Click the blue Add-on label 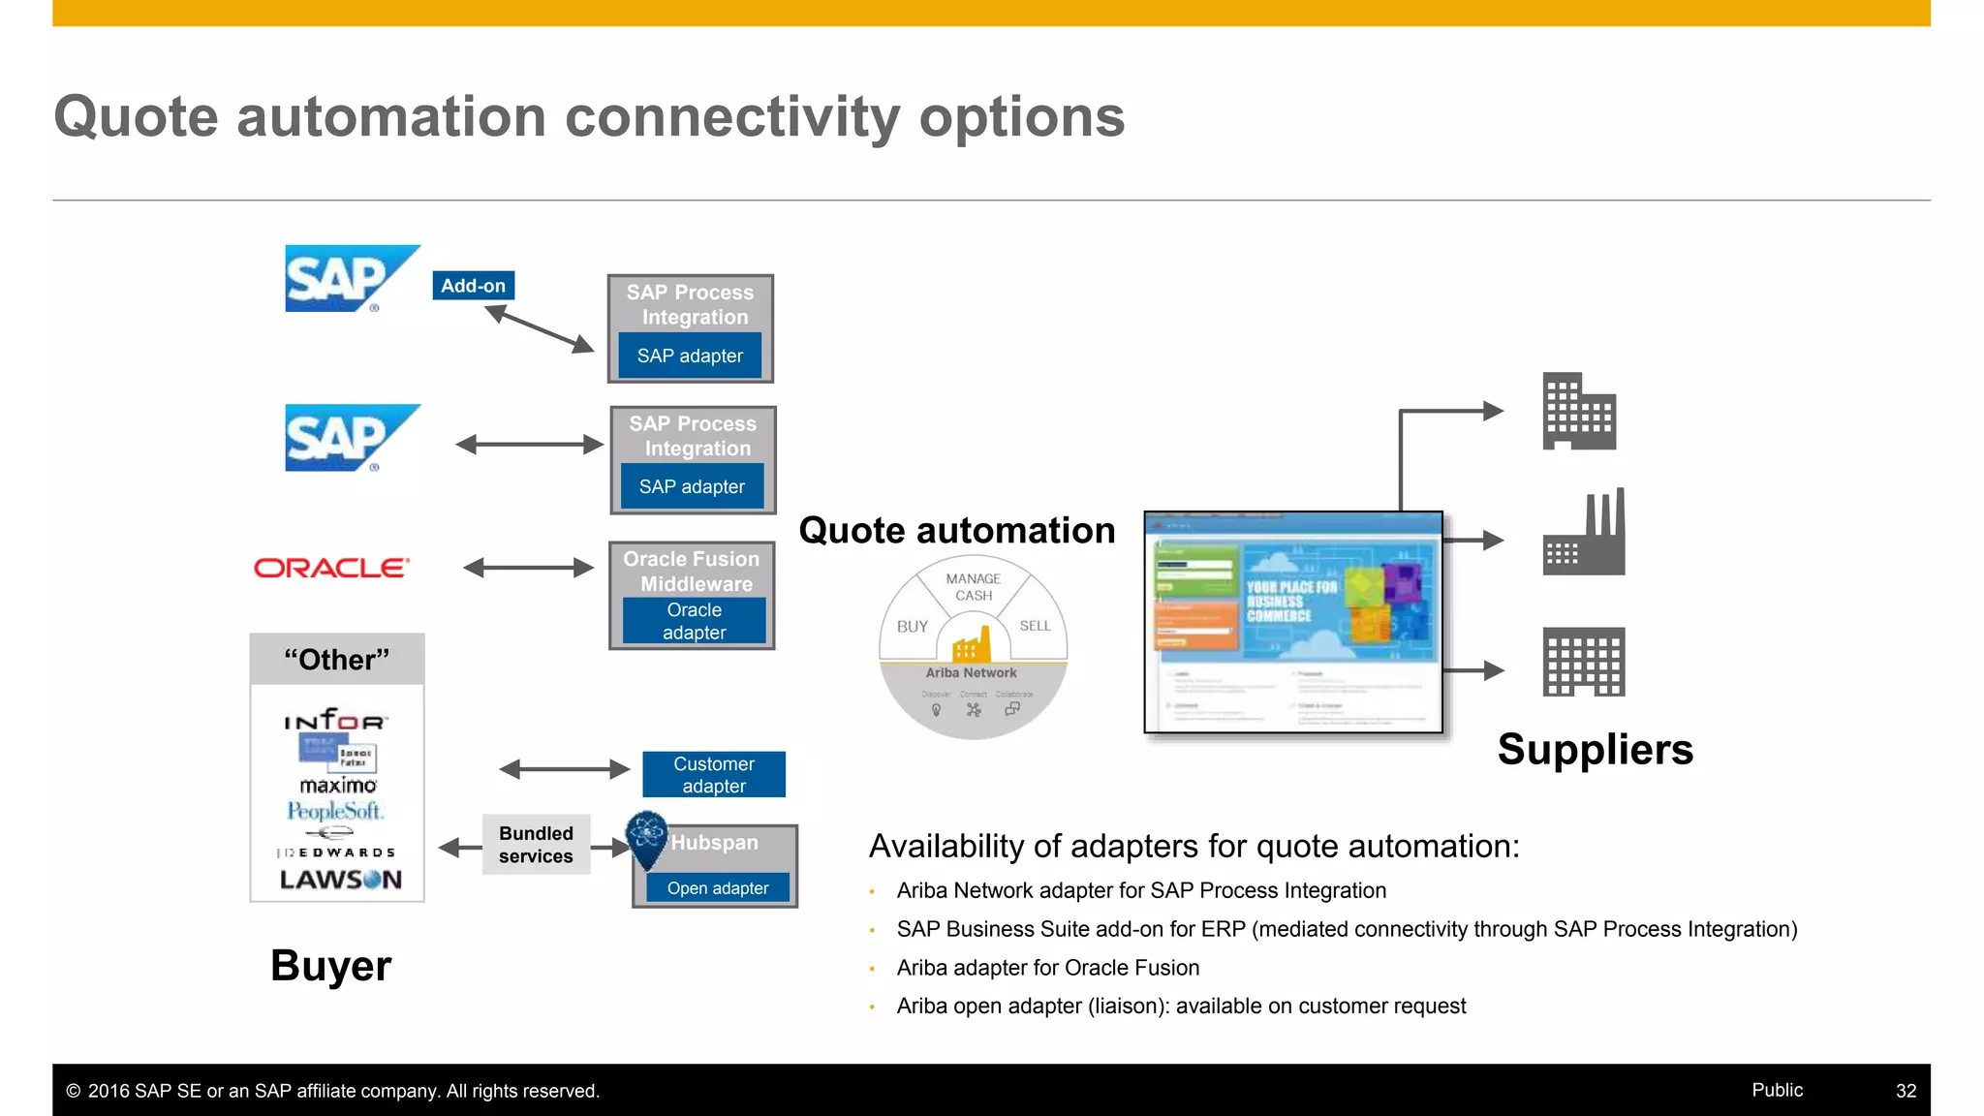point(473,286)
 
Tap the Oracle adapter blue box point(694,621)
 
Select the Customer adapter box point(714,775)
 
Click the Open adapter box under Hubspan point(717,888)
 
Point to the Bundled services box point(536,845)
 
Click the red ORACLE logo point(331,568)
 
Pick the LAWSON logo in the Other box point(340,880)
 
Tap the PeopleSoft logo point(335,811)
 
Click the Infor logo point(335,720)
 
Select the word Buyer point(330,966)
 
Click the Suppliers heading point(1595,750)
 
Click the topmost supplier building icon point(1578,412)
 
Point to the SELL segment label point(1035,626)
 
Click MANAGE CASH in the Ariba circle point(974,587)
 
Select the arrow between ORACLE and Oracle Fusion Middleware point(528,568)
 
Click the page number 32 point(1906,1091)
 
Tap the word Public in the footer point(1777,1090)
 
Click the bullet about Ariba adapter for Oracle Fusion point(1047,968)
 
